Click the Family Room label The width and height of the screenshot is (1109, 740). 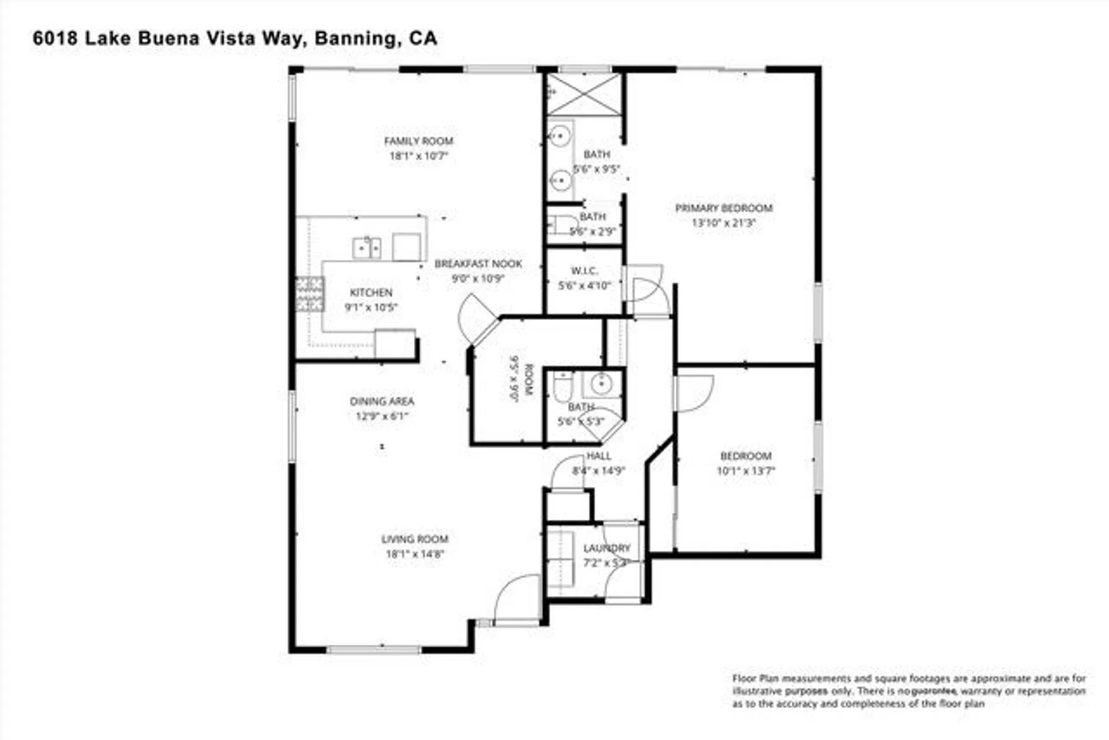(419, 141)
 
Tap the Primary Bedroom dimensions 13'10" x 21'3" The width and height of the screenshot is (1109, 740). (724, 223)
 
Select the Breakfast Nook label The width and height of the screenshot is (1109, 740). (478, 263)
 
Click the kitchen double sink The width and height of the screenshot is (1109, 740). (367, 247)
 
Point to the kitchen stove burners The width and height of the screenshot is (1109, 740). (310, 294)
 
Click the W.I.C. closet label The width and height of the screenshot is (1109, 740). (584, 271)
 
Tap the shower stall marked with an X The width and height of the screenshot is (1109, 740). (584, 94)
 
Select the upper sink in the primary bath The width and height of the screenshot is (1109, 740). (561, 135)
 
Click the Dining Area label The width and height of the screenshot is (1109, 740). (381, 401)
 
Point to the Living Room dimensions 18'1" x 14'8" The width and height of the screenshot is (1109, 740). (415, 554)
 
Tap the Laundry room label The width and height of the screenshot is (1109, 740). (607, 548)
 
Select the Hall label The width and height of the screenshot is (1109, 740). (599, 456)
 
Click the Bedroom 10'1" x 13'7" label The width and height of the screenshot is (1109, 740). (746, 456)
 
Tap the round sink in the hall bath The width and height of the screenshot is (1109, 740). (601, 383)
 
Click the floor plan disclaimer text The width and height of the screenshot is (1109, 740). (908, 691)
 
